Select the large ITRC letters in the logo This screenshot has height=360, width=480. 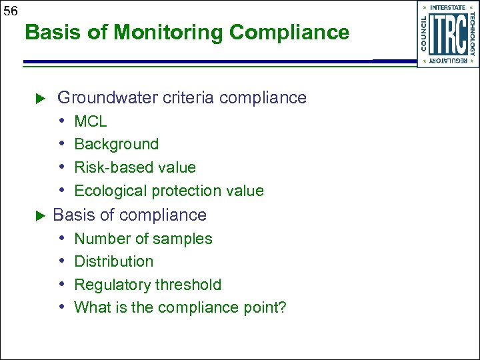(447, 33)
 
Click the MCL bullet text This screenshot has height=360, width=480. (90, 122)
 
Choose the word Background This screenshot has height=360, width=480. (116, 145)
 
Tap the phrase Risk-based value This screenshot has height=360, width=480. (135, 167)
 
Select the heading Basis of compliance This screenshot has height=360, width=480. (129, 215)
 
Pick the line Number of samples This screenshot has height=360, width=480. (143, 239)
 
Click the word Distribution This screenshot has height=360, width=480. (113, 261)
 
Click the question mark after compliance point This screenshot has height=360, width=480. (282, 307)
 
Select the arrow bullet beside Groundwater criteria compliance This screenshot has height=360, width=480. (39, 99)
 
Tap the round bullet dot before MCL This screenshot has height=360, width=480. (61, 122)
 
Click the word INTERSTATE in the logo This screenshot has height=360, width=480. (447, 7)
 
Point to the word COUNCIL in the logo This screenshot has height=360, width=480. (425, 33)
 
